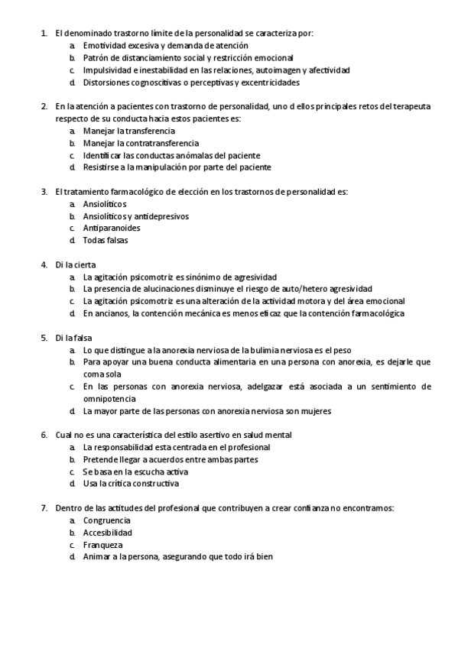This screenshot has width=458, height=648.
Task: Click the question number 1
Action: [x=43, y=34]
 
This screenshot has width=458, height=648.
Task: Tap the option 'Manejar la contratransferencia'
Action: [x=141, y=143]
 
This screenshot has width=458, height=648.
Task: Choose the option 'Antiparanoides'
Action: [x=111, y=228]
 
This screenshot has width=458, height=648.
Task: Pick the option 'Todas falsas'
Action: [x=106, y=241]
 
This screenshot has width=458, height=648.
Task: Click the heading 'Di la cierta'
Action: [x=76, y=265]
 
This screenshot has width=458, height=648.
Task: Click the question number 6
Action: [x=43, y=435]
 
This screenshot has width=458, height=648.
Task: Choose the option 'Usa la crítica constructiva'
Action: [x=131, y=484]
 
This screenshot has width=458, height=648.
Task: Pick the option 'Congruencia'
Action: [x=107, y=520]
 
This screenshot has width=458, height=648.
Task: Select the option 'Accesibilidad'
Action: [x=108, y=533]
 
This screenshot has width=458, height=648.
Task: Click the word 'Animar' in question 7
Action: [x=97, y=557]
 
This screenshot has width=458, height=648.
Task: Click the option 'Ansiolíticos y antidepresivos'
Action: [x=136, y=216]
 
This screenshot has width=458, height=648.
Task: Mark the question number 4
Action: [x=43, y=265]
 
